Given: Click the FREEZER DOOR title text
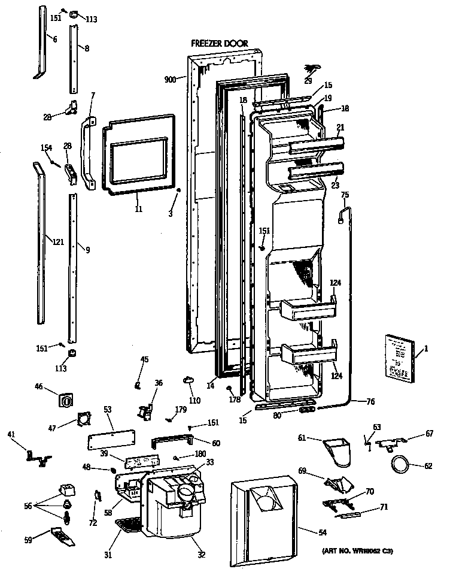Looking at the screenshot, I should tap(219, 44).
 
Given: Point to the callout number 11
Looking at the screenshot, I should tap(138, 210).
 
